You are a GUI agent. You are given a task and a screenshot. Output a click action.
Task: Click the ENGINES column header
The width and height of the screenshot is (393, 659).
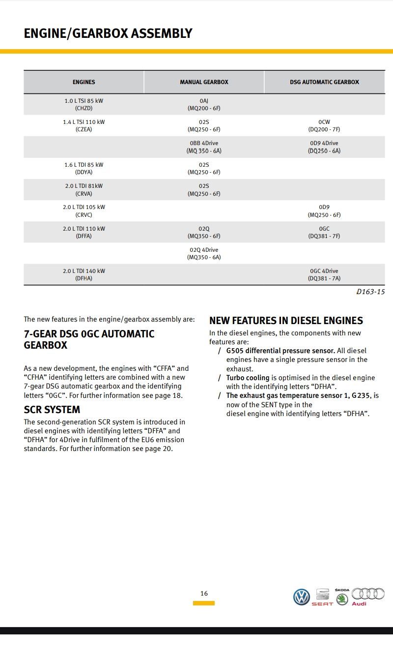(x=84, y=82)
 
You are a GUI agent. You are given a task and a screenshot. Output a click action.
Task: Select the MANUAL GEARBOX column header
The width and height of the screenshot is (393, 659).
(x=204, y=82)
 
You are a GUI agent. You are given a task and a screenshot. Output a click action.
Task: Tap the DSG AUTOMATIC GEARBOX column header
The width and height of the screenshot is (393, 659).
(x=324, y=82)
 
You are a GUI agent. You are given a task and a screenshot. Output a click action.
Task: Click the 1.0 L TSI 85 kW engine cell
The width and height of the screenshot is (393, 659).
(x=84, y=104)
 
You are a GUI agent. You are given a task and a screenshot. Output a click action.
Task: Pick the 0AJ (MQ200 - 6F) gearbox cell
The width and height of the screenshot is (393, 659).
(x=204, y=104)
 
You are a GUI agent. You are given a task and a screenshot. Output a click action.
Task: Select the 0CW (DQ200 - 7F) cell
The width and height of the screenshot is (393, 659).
(x=324, y=125)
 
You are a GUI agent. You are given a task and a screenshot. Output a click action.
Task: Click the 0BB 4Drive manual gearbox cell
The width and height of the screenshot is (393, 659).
(x=204, y=147)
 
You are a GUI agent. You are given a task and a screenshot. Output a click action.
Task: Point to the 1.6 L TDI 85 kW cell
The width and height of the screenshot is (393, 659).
(x=84, y=168)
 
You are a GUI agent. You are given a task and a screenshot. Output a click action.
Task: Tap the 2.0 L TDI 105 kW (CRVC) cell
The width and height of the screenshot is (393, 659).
(x=84, y=211)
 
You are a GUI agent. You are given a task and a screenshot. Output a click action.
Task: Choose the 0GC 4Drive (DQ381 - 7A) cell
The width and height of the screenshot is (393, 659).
(x=324, y=274)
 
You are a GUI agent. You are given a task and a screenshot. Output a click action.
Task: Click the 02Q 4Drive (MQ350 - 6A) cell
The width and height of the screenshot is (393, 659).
(x=204, y=253)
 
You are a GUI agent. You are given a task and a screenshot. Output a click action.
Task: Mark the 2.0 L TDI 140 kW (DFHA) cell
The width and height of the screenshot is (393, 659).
(x=84, y=274)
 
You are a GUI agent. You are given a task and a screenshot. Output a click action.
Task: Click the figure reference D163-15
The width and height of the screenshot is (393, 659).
(x=370, y=292)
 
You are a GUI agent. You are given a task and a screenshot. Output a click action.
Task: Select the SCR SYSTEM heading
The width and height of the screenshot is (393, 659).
(x=52, y=410)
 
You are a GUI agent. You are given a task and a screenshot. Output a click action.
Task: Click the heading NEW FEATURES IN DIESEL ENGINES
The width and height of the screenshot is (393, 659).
(x=286, y=321)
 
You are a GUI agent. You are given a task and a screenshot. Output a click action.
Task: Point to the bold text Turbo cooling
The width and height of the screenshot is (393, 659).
(x=248, y=378)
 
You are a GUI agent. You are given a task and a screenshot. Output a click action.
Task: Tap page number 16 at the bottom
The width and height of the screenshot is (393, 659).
(x=204, y=594)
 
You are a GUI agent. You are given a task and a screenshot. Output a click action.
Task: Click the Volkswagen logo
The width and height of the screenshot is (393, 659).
(x=302, y=597)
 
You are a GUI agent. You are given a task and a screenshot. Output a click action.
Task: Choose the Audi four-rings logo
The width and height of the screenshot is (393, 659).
(x=368, y=595)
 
